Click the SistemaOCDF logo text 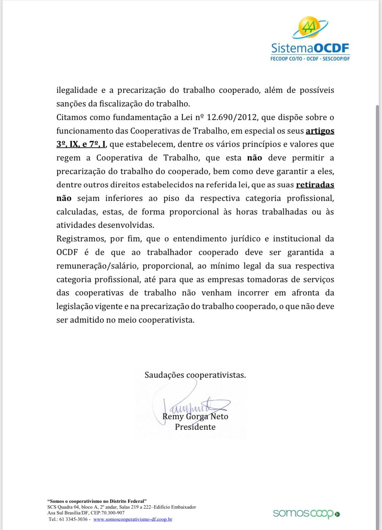310,49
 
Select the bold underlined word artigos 320,131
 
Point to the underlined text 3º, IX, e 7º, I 81,144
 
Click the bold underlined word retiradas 315,185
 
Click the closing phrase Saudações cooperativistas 195,375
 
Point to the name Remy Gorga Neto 196,416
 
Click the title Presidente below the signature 195,427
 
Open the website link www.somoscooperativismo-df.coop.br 133,519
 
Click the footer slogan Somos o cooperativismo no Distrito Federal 97,501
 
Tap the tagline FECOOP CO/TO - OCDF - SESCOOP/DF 310,58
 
